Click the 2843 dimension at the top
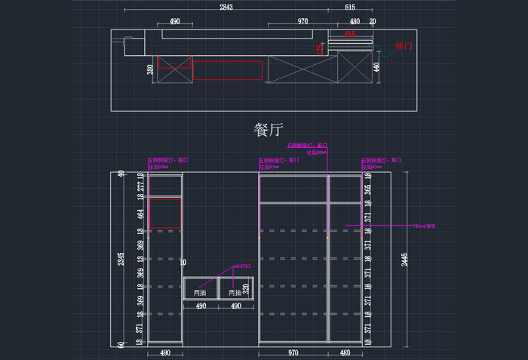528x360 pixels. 226,7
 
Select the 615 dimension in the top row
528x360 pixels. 350,7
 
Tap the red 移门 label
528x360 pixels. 404,46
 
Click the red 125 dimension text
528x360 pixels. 320,49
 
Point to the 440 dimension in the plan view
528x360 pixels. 376,67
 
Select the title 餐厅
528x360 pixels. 268,129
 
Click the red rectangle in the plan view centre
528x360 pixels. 227,70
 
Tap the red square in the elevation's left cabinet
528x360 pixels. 166,214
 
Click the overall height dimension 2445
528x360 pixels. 404,259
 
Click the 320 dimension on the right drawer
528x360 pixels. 246,288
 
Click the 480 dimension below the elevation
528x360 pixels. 345,352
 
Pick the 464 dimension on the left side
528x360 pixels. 140,214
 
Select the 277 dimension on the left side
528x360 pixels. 140,186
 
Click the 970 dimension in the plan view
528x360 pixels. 302,22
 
